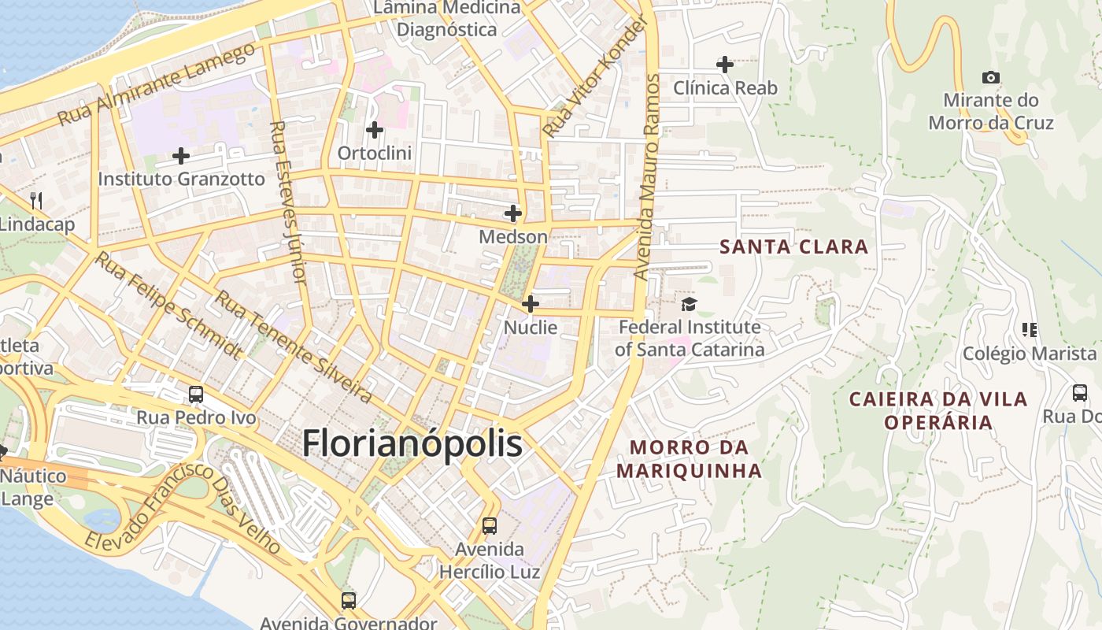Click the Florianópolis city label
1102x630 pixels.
412,443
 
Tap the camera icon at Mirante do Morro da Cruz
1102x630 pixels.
991,77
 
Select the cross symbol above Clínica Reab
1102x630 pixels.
725,65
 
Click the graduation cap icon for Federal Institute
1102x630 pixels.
689,304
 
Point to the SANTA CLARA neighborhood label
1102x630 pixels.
794,246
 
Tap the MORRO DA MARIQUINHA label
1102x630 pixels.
689,459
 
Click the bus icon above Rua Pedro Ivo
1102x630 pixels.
196,395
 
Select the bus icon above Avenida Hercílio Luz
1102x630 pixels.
490,525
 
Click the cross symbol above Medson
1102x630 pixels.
513,213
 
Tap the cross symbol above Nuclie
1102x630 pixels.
531,304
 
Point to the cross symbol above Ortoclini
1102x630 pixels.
375,129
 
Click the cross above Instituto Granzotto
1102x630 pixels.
181,156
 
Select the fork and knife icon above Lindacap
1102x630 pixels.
35,201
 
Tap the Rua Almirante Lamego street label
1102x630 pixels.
157,84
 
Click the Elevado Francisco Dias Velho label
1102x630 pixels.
183,509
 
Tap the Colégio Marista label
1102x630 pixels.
1030,353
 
